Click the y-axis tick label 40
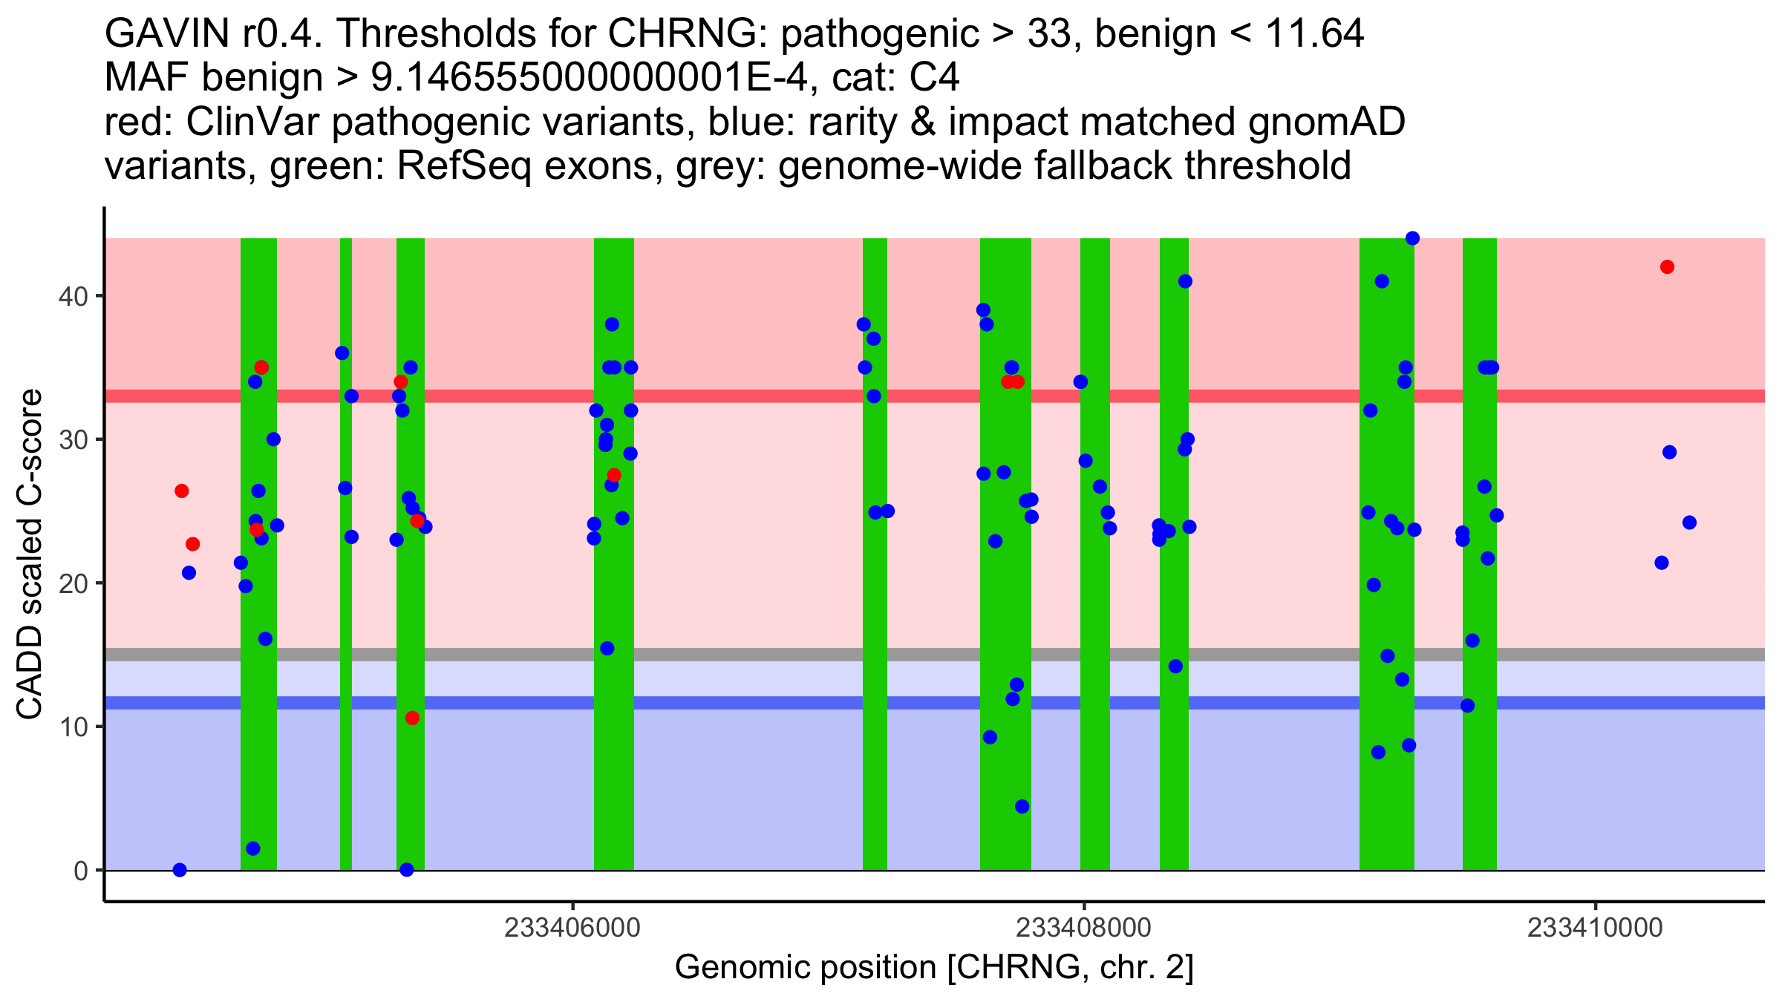click(x=72, y=296)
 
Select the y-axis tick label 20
click(x=72, y=583)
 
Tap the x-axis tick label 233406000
click(x=572, y=928)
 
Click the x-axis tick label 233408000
click(x=1083, y=928)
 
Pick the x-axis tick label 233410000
click(x=1595, y=928)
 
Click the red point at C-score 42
click(x=1667, y=267)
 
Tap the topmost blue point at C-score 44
click(x=1412, y=238)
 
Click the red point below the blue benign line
click(x=412, y=718)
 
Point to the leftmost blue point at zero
click(x=180, y=870)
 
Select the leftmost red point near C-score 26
click(x=182, y=491)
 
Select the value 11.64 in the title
click(x=1314, y=33)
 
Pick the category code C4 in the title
click(x=934, y=78)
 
